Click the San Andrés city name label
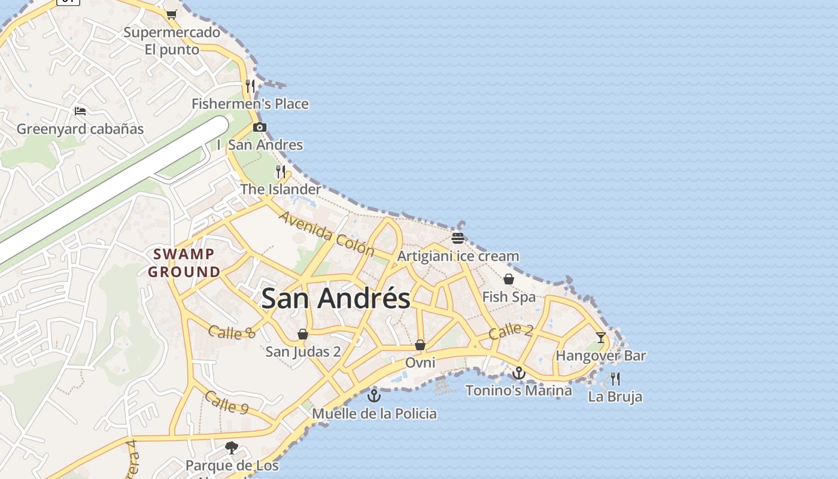336,298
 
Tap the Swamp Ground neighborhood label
184,263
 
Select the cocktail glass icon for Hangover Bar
601,338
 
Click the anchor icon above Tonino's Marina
518,374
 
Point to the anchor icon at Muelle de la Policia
374,396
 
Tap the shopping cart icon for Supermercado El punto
172,14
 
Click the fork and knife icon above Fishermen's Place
250,86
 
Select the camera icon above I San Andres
260,127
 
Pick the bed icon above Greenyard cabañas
80,111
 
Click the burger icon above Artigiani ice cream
459,238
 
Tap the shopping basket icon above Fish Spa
509,279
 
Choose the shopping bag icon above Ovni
420,345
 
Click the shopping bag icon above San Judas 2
303,334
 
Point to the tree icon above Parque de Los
232,447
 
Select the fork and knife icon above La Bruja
615,378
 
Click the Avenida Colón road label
327,234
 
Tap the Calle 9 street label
227,402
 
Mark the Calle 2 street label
511,331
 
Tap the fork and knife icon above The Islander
281,172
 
